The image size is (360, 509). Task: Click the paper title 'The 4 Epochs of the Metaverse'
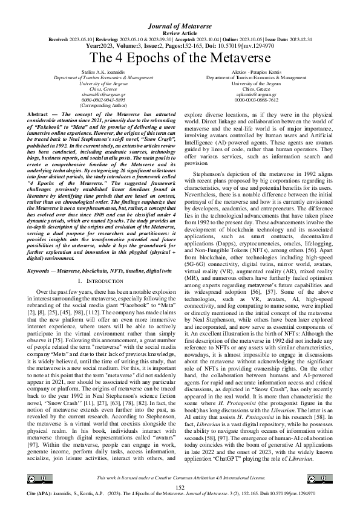[x=180, y=58]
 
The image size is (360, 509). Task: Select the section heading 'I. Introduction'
[x=102, y=282]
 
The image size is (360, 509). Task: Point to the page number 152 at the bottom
[x=180, y=487]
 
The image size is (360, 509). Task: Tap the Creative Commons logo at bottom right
[x=322, y=479]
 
